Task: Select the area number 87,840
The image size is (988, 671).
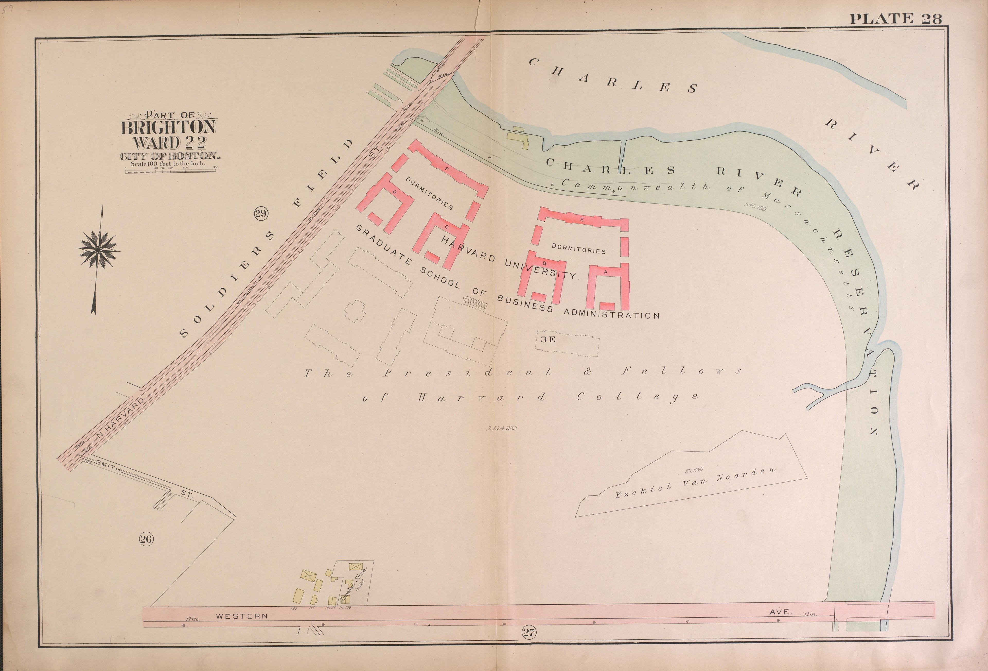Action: click(694, 470)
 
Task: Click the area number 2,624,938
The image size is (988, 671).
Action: click(502, 428)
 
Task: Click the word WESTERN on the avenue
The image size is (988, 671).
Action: click(242, 616)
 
